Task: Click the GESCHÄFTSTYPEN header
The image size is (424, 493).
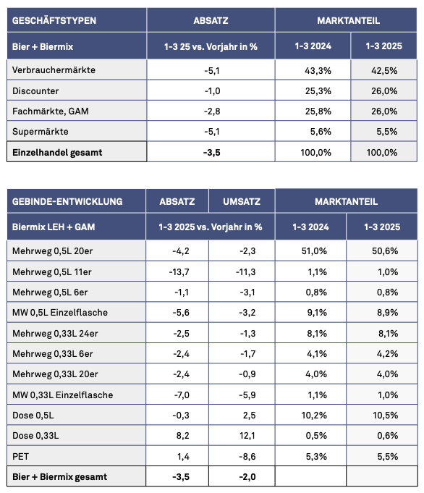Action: click(x=54, y=21)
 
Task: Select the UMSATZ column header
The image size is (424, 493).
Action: click(x=242, y=201)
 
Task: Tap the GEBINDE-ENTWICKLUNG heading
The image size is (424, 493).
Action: click(x=67, y=201)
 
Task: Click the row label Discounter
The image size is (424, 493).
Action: click(x=35, y=91)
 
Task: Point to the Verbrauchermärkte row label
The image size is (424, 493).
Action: click(x=54, y=70)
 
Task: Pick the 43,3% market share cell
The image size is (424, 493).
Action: click(x=318, y=71)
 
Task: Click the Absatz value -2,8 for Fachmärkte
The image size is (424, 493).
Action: click(x=212, y=111)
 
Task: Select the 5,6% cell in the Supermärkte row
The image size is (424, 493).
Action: click(x=321, y=132)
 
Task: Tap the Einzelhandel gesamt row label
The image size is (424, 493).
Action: click(x=57, y=153)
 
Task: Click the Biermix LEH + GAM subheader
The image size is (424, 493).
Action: click(x=54, y=227)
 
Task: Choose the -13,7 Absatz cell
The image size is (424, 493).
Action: click(x=179, y=272)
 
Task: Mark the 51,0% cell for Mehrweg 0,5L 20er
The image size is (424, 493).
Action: click(x=314, y=251)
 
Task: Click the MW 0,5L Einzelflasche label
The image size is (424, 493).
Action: click(x=60, y=313)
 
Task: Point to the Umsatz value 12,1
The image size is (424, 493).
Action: click(x=247, y=436)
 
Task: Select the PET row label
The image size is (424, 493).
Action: click(x=20, y=457)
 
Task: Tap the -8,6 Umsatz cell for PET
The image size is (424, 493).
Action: click(x=247, y=457)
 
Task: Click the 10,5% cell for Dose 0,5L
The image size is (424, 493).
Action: click(x=386, y=416)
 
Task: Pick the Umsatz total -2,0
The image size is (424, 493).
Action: click(x=247, y=477)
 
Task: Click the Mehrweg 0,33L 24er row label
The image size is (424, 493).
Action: click(x=55, y=333)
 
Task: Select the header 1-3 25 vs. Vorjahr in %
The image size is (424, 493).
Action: click(x=211, y=47)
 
